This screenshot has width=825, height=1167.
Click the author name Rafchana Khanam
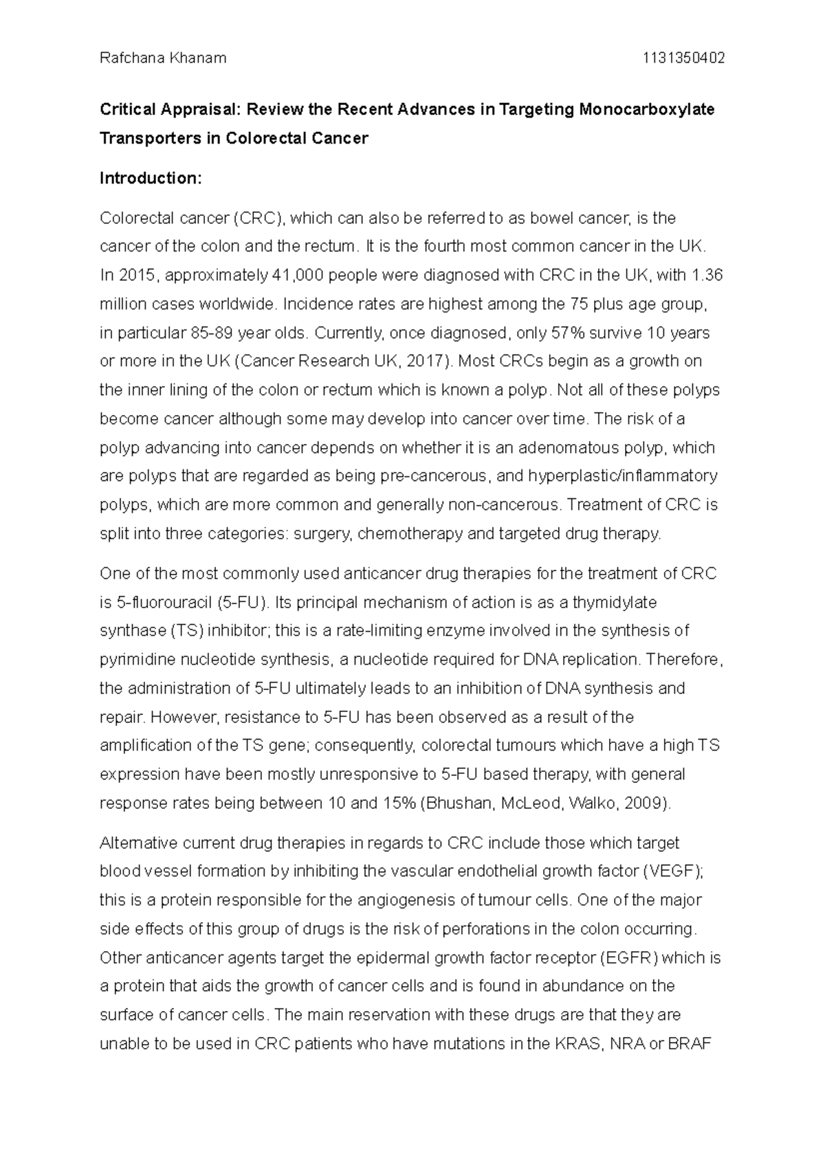pos(163,58)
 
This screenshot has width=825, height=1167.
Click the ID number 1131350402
pos(683,58)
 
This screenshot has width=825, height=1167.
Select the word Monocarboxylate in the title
pos(647,110)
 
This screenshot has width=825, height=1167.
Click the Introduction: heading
pos(151,179)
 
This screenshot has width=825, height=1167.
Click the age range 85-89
pos(210,333)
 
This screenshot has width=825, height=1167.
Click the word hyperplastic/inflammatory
pos(623,476)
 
